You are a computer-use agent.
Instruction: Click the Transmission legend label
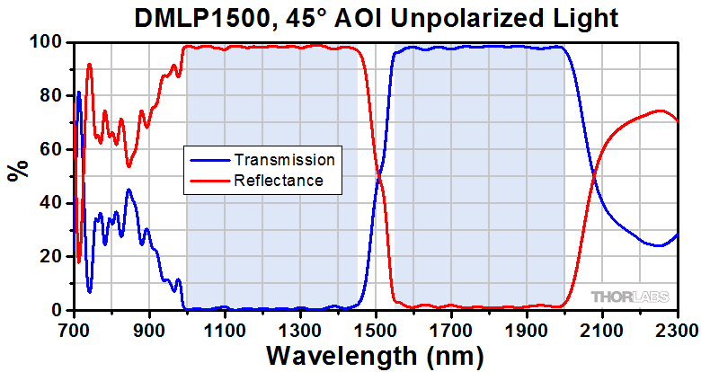tap(284, 160)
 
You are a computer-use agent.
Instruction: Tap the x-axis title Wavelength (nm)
tap(376, 355)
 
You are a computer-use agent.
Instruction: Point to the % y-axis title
tap(17, 170)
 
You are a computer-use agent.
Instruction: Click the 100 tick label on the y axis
tap(48, 42)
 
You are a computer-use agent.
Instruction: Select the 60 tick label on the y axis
tap(52, 149)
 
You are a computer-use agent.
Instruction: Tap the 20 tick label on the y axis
tap(52, 256)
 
